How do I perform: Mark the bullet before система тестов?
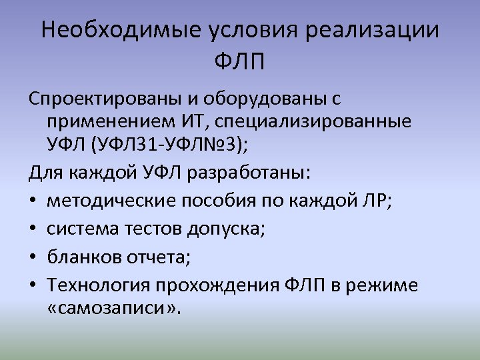33,230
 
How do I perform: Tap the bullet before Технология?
33,285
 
